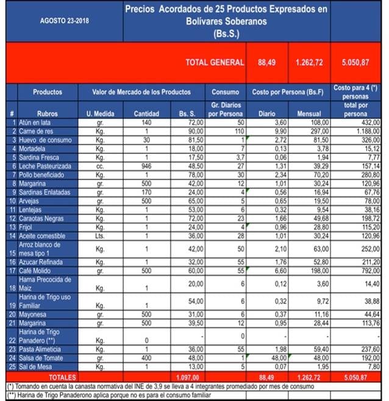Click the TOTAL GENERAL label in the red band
tap(215, 62)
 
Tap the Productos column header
tap(48, 92)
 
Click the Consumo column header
tap(225, 92)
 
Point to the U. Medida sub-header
tap(97, 114)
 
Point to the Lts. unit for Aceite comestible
tap(97, 236)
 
